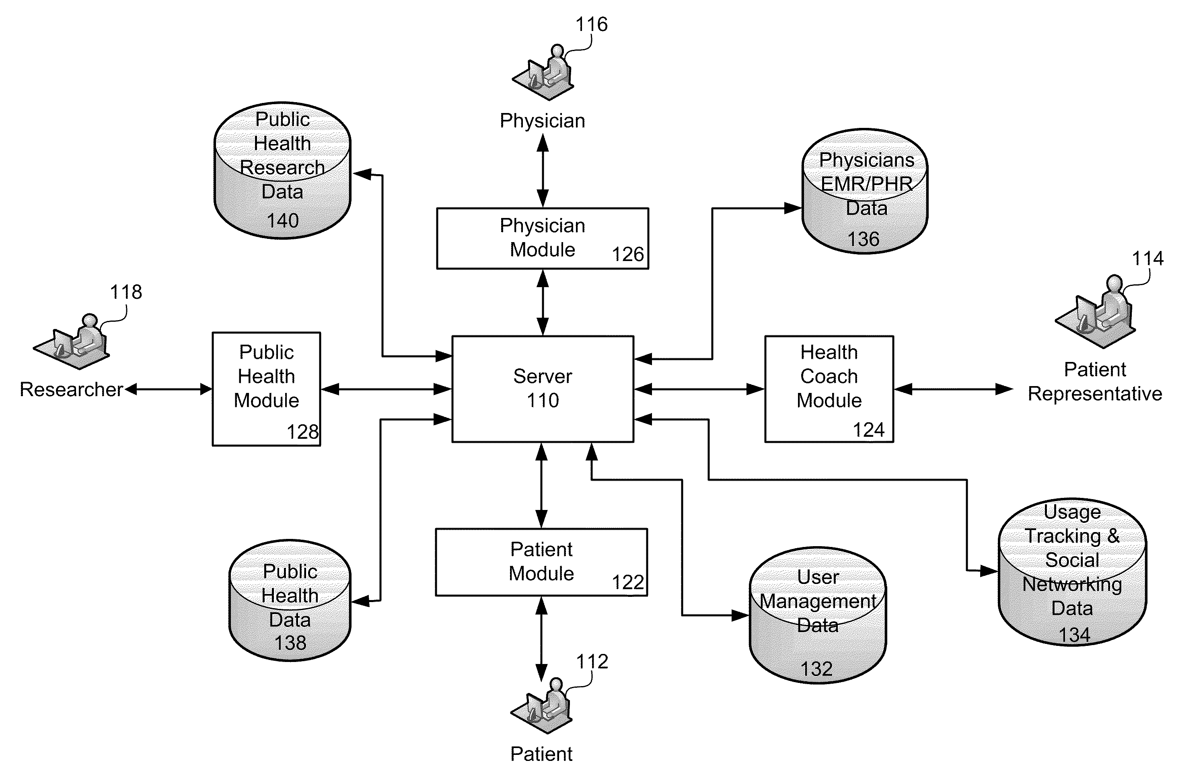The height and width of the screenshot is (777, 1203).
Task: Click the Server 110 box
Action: coord(543,389)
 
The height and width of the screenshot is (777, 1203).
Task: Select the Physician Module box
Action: coord(543,238)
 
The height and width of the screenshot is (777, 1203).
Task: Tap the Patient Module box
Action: coord(541,562)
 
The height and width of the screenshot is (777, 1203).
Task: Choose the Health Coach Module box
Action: coord(829,389)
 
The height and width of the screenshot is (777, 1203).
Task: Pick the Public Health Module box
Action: coord(266,389)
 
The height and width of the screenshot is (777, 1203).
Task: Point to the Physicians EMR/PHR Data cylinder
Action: coord(865,191)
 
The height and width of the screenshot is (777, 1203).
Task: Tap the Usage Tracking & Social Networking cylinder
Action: coord(1072,572)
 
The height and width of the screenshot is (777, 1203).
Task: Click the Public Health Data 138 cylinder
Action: coord(290,600)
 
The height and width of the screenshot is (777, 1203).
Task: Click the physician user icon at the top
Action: coord(543,73)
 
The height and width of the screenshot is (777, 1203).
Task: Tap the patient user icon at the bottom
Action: coord(541,706)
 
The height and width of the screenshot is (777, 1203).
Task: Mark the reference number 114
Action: coord(1147,258)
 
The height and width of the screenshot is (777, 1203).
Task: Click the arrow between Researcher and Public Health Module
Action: coord(169,389)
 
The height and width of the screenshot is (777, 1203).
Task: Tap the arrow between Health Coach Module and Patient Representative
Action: coord(954,389)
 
